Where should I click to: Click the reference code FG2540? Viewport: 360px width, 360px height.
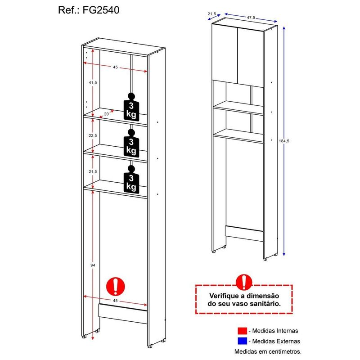coord(101,10)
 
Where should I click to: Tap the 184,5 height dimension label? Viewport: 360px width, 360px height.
coord(284,141)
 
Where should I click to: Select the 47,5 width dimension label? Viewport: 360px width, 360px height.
coord(251,17)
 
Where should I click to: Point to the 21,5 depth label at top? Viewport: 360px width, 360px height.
coord(211,14)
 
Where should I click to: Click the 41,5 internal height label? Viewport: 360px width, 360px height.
coord(93,82)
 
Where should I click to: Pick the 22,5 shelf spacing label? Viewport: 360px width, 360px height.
coord(93,136)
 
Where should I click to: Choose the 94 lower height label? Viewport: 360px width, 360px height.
coord(93,265)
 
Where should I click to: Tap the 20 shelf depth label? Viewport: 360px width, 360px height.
coord(107,114)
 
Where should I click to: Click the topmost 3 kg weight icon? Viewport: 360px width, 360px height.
coord(131,107)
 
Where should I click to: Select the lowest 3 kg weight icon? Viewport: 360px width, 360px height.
coord(131,179)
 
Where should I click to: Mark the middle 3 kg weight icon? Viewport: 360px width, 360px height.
coord(131,143)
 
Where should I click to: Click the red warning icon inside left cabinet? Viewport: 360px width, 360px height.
coord(116,286)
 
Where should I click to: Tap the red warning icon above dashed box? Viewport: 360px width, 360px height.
coord(244,282)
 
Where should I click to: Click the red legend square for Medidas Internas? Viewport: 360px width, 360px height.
coord(242,331)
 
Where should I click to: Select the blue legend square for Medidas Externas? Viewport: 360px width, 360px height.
coord(242,341)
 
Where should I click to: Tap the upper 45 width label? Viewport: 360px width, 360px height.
coord(115,67)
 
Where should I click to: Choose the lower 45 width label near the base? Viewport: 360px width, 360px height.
coord(115,301)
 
